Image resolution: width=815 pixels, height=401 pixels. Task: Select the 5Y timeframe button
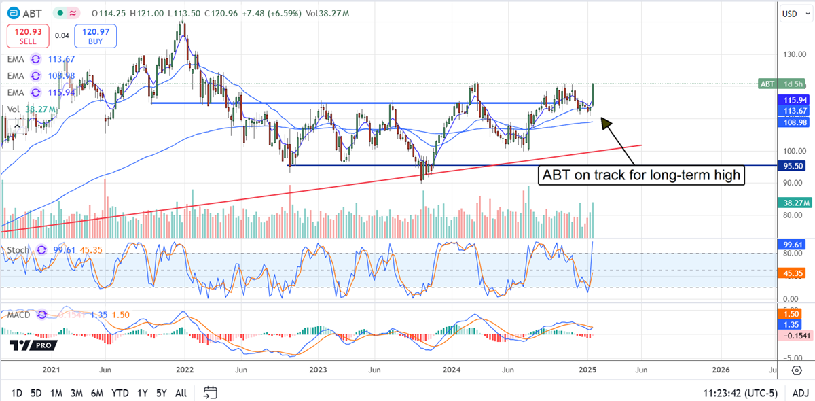coord(162,393)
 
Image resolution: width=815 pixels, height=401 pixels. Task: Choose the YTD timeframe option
coord(120,393)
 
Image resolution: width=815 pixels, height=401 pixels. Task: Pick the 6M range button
coord(97,393)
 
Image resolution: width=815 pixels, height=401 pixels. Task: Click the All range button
coord(181,393)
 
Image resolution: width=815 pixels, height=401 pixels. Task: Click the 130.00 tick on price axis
coord(792,54)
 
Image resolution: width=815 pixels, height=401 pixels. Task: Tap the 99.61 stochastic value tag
coord(793,243)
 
